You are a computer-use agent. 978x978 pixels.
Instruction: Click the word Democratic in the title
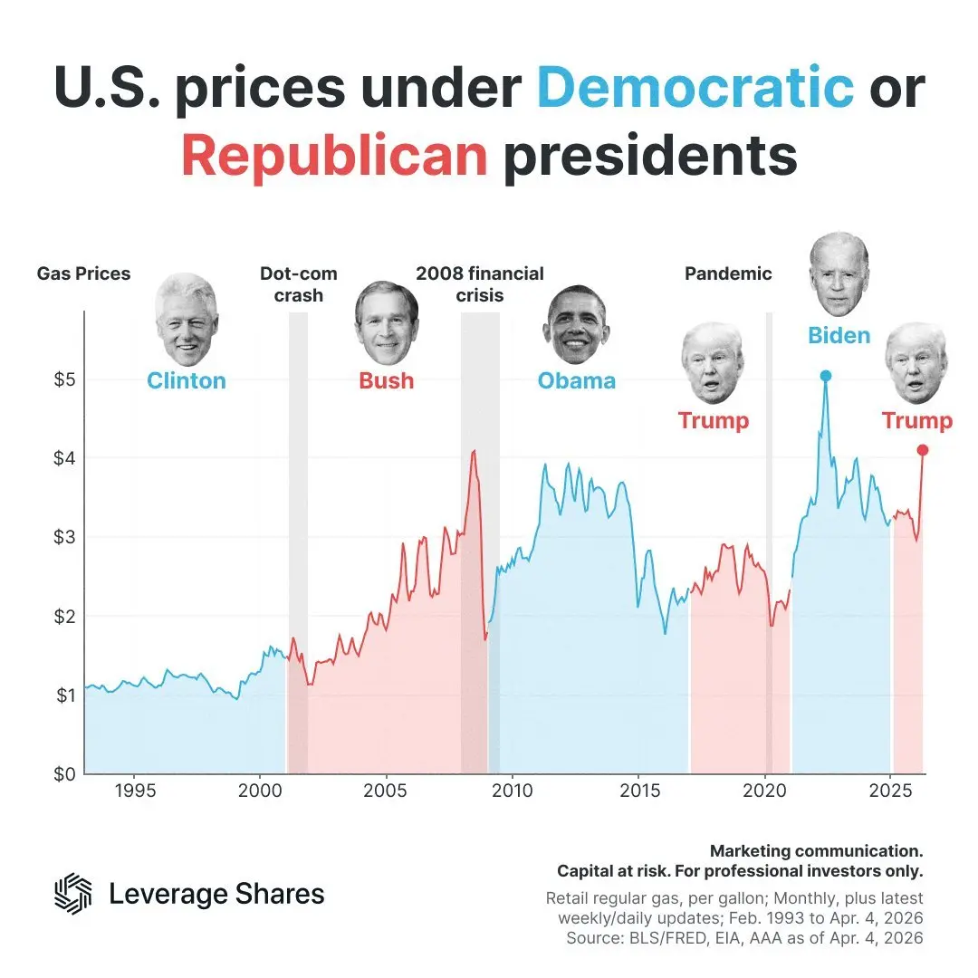pyautogui.click(x=695, y=88)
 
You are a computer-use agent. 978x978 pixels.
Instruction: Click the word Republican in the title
pyautogui.click(x=334, y=156)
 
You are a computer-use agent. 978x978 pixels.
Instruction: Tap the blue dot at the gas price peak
pyautogui.click(x=825, y=376)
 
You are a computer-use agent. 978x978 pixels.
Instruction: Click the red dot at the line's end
pyautogui.click(x=923, y=450)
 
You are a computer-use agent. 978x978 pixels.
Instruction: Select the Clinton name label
pyautogui.click(x=187, y=380)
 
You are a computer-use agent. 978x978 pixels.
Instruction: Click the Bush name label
pyautogui.click(x=387, y=380)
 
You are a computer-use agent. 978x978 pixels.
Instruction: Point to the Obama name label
pyautogui.click(x=577, y=380)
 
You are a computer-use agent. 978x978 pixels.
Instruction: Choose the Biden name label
pyautogui.click(x=839, y=336)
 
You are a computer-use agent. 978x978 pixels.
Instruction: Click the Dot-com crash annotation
pyautogui.click(x=298, y=284)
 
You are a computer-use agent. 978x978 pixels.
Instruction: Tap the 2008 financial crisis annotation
pyautogui.click(x=480, y=284)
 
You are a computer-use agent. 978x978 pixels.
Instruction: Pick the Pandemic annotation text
pyautogui.click(x=728, y=273)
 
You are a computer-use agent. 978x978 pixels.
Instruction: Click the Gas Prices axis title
pyautogui.click(x=83, y=273)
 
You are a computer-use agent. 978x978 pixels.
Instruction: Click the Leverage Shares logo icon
pyautogui.click(x=73, y=894)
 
